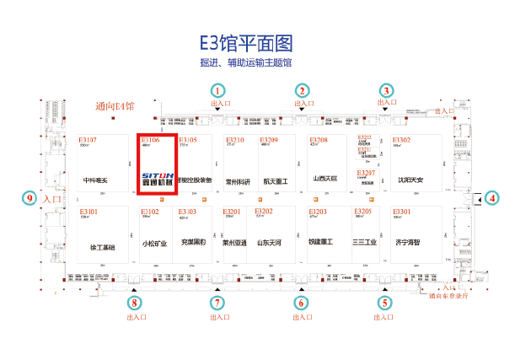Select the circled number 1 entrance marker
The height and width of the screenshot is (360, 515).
pyautogui.click(x=218, y=90)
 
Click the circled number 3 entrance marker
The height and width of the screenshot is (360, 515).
pyautogui.click(x=387, y=90)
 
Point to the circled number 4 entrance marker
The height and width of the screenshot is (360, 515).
pyautogui.click(x=493, y=199)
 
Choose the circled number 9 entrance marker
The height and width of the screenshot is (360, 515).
pyautogui.click(x=30, y=199)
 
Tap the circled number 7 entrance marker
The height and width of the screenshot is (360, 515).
pyautogui.click(x=218, y=303)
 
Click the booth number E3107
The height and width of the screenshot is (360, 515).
pyautogui.click(x=88, y=140)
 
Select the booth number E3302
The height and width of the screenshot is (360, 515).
pyautogui.click(x=401, y=140)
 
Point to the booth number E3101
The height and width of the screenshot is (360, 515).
pyautogui.click(x=89, y=212)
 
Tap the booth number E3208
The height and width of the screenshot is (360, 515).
pyautogui.click(x=319, y=140)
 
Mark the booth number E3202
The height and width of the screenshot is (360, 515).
pyautogui.click(x=264, y=212)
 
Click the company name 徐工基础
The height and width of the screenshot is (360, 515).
pyautogui.click(x=102, y=247)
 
